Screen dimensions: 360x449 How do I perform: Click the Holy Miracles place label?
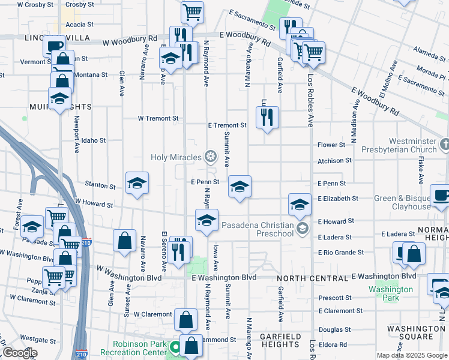coord(175,157)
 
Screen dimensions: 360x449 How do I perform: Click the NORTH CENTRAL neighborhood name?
coord(312,278)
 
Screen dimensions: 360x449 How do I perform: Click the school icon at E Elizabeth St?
coord(300,205)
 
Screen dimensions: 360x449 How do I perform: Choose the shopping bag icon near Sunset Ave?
coord(124,241)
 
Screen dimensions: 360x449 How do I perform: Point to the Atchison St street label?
coord(334,161)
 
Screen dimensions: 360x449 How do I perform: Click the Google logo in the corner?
coord(19,353)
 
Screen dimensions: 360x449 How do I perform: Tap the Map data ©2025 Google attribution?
coord(412,355)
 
